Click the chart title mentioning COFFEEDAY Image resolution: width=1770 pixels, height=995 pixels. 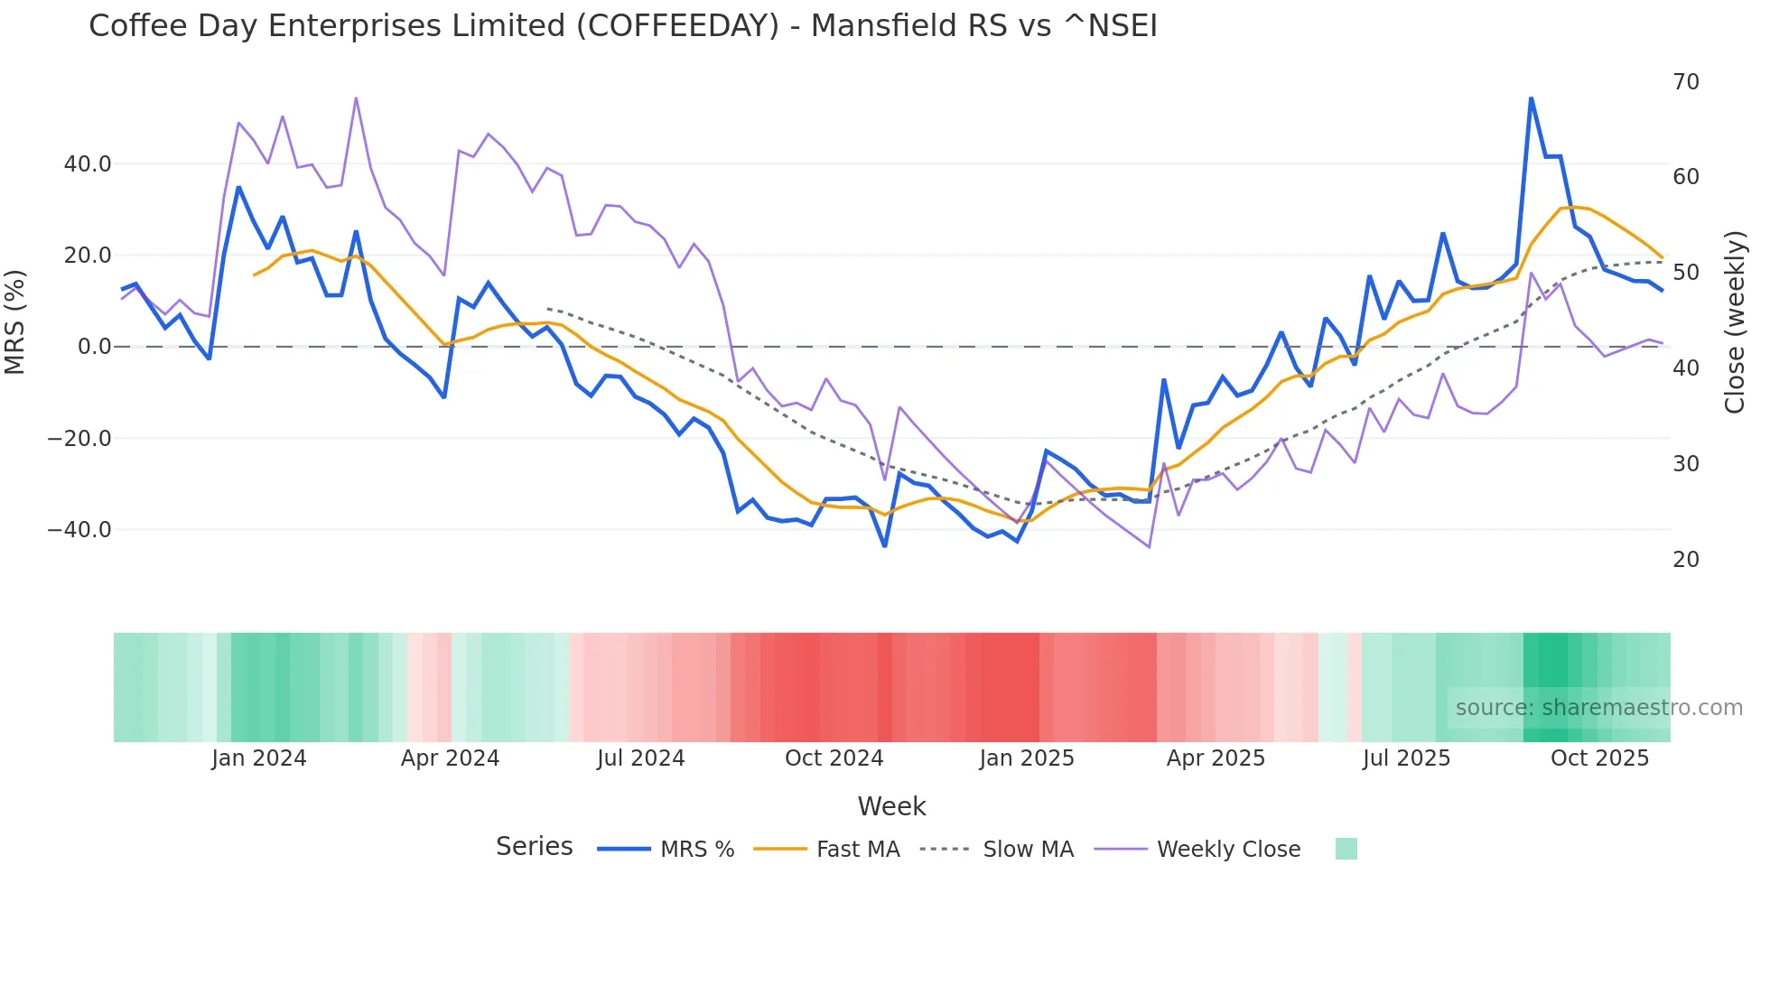622,25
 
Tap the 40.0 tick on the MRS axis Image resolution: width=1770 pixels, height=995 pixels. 88,164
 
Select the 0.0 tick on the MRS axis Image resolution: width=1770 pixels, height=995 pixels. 94,347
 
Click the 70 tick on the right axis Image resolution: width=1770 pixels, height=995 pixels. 1685,82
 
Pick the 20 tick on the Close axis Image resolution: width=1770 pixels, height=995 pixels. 1685,560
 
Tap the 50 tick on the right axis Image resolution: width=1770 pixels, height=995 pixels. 1685,273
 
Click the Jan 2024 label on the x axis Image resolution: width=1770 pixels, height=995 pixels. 259,758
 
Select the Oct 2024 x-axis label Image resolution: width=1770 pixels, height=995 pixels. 834,758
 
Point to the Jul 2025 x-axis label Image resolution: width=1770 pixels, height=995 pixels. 1406,758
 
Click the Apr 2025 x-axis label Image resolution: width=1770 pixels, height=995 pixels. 1216,758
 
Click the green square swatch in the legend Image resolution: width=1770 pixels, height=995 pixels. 1346,849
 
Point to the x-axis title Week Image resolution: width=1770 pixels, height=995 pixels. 891,806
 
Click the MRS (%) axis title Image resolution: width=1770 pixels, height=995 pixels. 15,322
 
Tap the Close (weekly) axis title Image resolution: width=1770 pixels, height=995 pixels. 1734,322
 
